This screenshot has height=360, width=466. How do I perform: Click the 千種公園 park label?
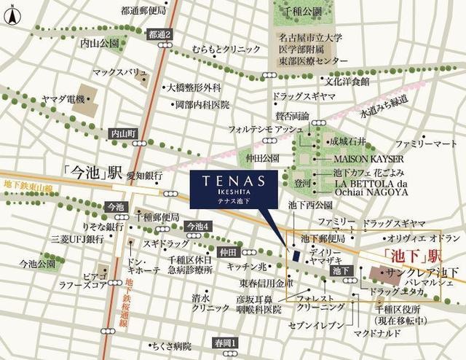303,12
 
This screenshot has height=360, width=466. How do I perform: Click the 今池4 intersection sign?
198,227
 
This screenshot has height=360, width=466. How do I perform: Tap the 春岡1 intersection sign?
225,342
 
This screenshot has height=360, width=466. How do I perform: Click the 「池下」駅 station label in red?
403,256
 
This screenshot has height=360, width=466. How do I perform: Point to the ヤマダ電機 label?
65,98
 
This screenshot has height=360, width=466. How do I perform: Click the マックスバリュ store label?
120,73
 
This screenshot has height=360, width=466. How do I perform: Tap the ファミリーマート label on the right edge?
425,144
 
